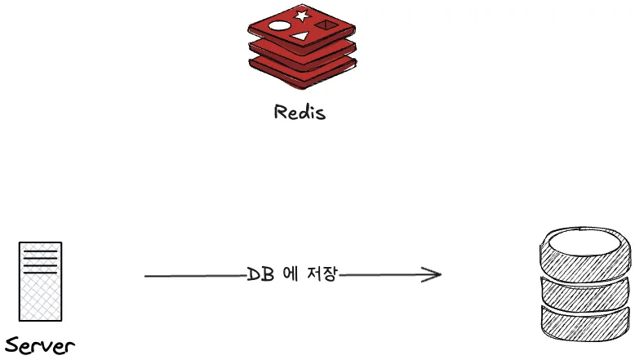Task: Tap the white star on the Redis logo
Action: [x=302, y=16]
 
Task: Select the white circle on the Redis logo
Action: [x=278, y=25]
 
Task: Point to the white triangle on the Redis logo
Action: [x=301, y=36]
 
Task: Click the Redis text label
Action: [x=300, y=112]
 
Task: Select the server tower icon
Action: [x=40, y=281]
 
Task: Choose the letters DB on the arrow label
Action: [x=260, y=274]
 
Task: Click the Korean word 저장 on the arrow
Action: [x=321, y=274]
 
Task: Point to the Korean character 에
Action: [x=289, y=274]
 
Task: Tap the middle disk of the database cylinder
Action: [x=586, y=291]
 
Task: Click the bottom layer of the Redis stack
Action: [x=302, y=71]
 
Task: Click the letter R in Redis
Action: [x=280, y=112]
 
